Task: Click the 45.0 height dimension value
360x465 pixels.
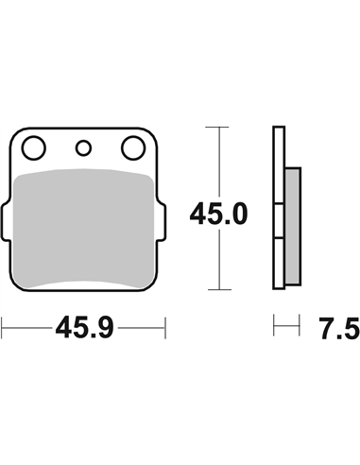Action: pyautogui.click(x=218, y=214)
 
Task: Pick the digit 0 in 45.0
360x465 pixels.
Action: pyautogui.click(x=238, y=214)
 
